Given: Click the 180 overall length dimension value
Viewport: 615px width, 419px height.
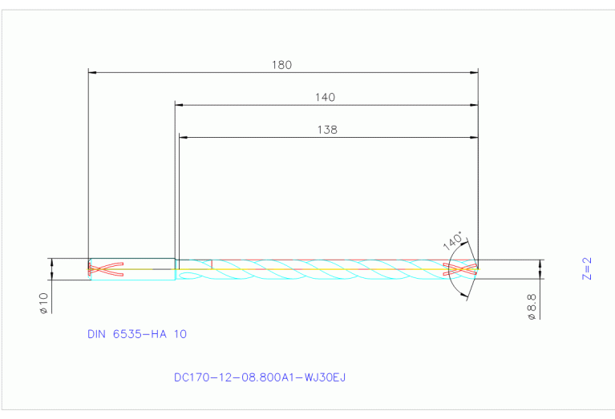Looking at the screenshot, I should coord(282,65).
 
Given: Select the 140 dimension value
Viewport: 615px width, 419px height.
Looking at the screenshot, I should coord(325,97).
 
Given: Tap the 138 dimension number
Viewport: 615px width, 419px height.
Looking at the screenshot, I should coord(327,129).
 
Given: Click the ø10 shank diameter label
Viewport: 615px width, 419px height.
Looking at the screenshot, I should coord(44,302).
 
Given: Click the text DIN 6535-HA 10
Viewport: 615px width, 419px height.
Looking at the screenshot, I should coord(137,334).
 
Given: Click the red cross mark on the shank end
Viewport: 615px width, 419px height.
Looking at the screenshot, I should coord(106,269).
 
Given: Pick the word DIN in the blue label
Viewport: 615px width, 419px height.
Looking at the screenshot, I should coord(99,334).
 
